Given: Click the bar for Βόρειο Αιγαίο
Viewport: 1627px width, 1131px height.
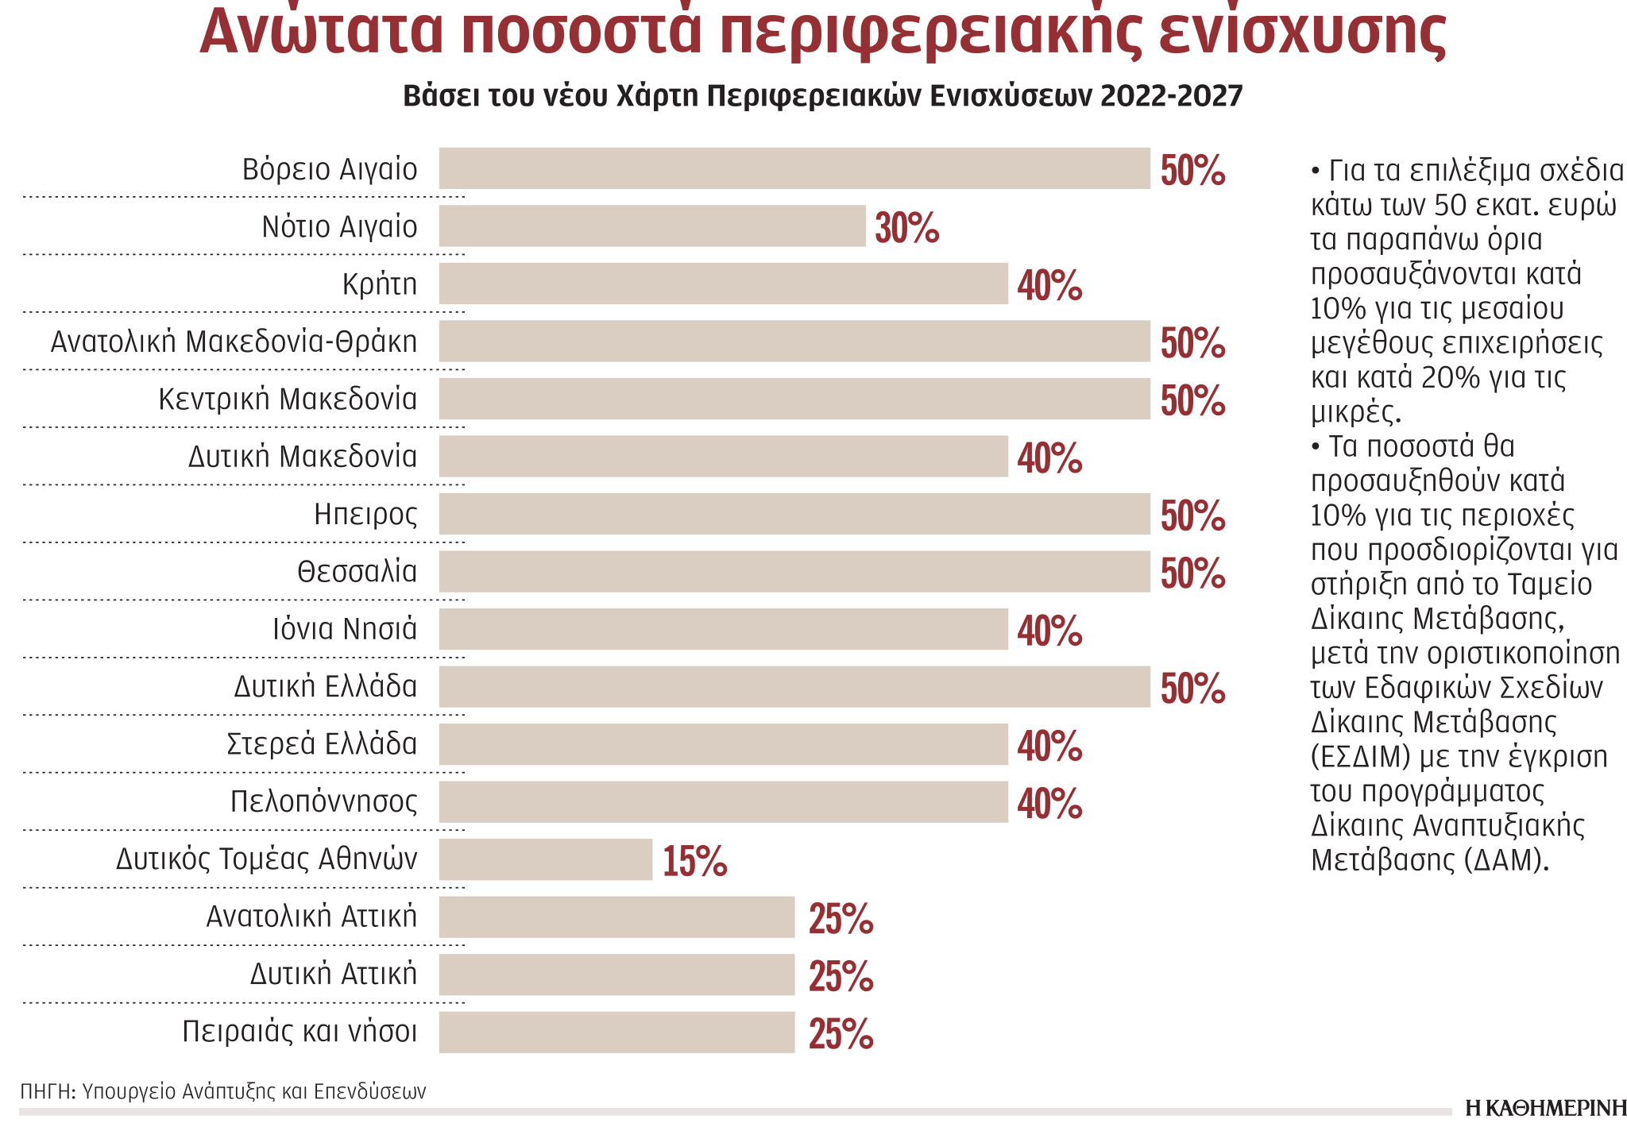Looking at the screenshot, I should click(794, 168).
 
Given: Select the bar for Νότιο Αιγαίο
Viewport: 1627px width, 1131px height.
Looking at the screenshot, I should click(651, 226).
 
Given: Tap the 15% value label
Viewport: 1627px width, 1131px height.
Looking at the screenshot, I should click(695, 862).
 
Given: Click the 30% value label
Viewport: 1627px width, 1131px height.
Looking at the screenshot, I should click(907, 229).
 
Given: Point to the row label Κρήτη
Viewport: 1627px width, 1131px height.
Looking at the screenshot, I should click(380, 284).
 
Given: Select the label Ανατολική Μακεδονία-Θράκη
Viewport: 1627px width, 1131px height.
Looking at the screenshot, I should click(234, 342).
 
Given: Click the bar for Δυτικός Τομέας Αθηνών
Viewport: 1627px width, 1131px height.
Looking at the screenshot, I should click(546, 859).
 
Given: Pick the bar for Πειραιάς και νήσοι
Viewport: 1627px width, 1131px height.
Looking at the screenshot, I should click(616, 1032).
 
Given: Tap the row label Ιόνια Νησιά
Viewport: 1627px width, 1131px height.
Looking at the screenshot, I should click(345, 629).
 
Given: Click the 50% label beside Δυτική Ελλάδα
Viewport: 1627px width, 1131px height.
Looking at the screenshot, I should click(1192, 689).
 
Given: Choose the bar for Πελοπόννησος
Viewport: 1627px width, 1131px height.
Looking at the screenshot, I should click(723, 802).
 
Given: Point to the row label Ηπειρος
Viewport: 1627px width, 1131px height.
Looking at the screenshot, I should click(365, 515).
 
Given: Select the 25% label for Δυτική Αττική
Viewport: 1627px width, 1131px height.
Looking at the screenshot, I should click(841, 977).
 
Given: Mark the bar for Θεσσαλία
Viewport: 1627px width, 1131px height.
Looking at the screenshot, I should click(794, 572).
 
